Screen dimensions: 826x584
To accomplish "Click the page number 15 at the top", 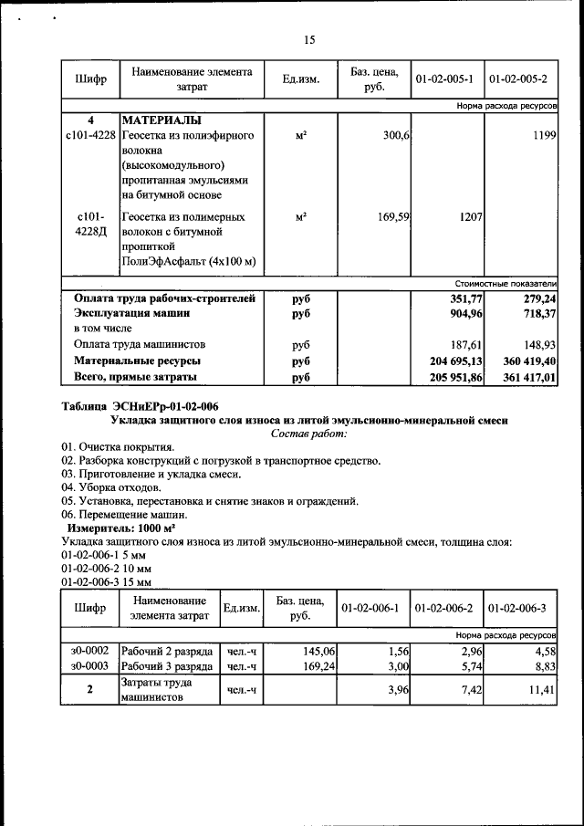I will pos(309,40).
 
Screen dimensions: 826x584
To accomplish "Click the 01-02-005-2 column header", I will pos(521,79).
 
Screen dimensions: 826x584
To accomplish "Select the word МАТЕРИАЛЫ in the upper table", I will pos(162,120).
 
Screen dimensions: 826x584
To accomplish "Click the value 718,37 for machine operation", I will pos(537,313).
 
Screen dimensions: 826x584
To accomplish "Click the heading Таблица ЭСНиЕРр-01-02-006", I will pos(140,405).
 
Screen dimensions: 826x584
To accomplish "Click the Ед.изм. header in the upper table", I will pos(300,79).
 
